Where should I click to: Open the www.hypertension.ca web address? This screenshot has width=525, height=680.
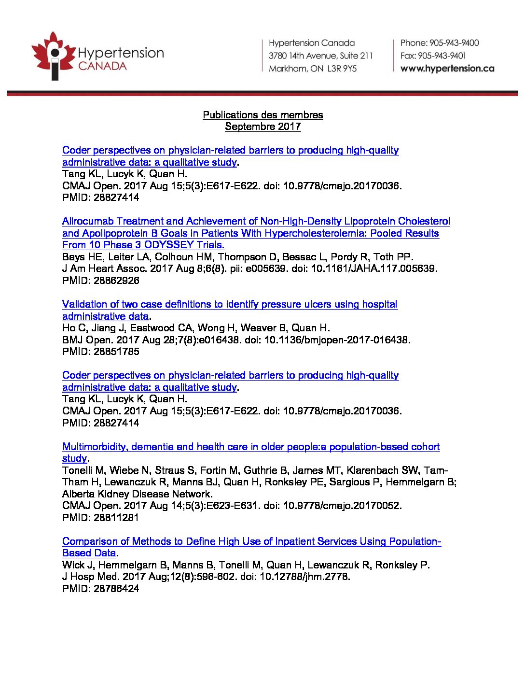447,69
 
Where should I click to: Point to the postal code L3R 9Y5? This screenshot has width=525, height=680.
342,69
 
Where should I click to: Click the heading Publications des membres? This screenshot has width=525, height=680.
262,115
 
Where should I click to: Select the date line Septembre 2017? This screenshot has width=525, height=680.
262,127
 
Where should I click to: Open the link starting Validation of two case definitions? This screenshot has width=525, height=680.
230,304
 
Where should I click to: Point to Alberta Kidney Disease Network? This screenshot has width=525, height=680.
137,494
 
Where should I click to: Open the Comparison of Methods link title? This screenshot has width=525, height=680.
251,541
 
